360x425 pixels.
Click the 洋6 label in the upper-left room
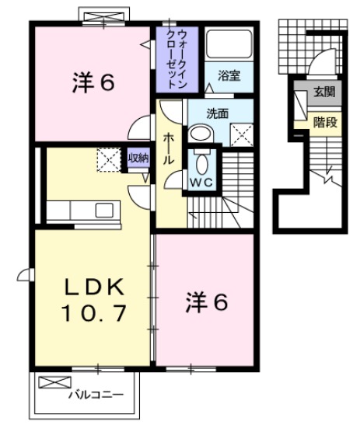click(x=94, y=81)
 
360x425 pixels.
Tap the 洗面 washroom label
click(x=217, y=113)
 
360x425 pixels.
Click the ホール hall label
click(x=167, y=148)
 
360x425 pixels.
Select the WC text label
click(x=201, y=183)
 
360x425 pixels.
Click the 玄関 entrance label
click(x=324, y=92)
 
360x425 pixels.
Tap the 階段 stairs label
click(x=324, y=121)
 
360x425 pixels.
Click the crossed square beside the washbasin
click(x=242, y=134)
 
